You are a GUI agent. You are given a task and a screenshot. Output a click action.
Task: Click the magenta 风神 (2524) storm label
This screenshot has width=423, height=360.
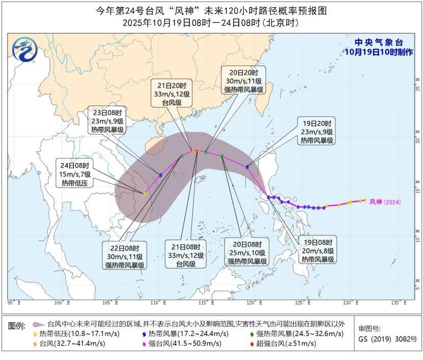point(385,202)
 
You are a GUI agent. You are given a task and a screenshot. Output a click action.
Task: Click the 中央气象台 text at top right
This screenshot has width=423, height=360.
point(379,42)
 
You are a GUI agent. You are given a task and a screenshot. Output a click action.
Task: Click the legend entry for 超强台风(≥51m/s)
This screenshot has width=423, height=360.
point(285,344)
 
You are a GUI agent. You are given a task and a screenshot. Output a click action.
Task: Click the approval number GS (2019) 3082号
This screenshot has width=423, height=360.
point(387,339)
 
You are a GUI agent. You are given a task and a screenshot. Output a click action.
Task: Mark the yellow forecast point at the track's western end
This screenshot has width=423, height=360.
point(145,194)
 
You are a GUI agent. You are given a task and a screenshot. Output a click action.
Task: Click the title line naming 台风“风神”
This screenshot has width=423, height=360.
point(211,10)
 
